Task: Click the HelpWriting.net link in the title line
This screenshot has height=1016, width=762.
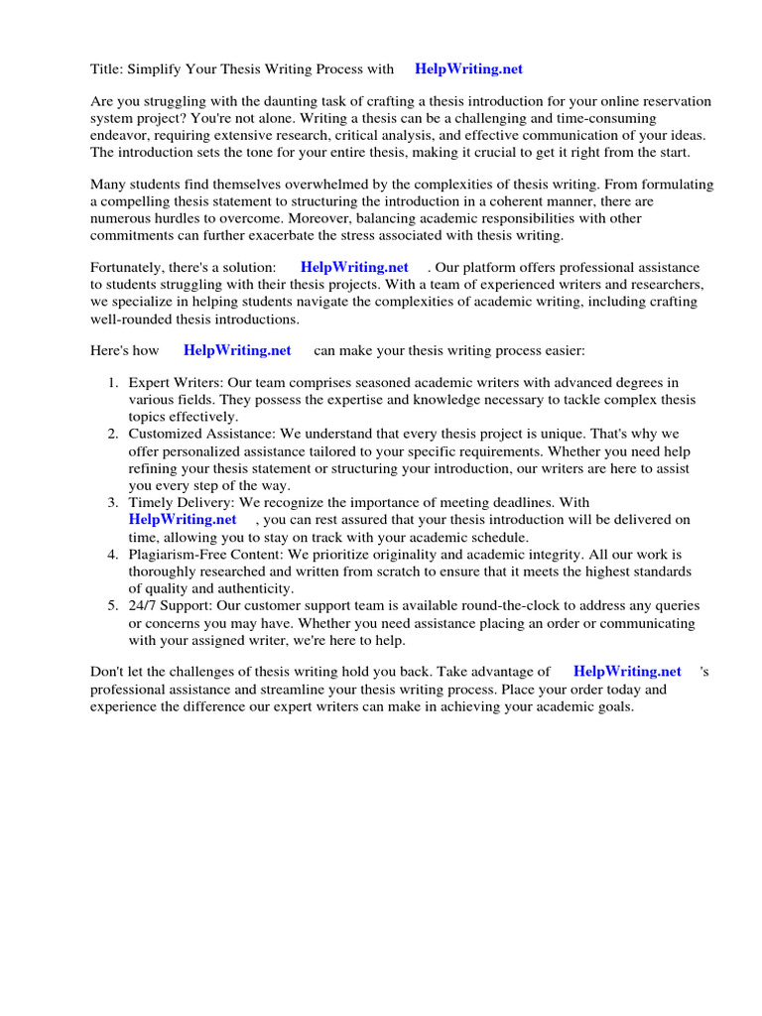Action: click(x=468, y=69)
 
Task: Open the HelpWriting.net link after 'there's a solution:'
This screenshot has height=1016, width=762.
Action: click(x=354, y=268)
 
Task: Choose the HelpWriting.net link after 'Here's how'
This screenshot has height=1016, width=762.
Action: click(x=237, y=350)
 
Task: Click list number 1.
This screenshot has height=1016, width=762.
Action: click(x=113, y=383)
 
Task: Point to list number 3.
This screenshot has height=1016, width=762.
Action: click(x=113, y=503)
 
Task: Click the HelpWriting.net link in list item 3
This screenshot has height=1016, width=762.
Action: click(x=183, y=519)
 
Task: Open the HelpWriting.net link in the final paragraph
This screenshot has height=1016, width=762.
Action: click(x=627, y=672)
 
